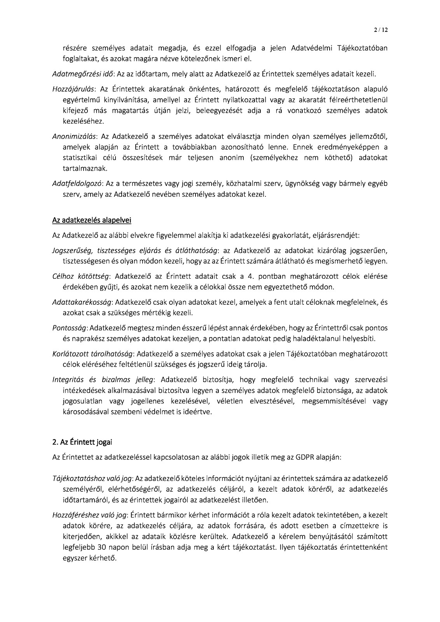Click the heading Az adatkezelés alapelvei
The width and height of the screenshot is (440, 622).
click(x=91, y=221)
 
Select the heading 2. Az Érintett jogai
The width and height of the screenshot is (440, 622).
click(x=82, y=442)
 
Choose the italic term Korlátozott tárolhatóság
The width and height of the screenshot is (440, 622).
click(x=93, y=354)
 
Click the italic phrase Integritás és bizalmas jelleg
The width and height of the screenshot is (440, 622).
click(x=103, y=379)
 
